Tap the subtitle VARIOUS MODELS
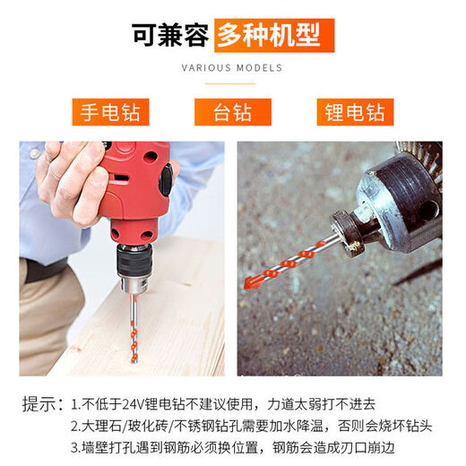(x=232, y=68)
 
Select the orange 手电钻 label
(x=111, y=112)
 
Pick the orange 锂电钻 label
(x=354, y=112)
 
